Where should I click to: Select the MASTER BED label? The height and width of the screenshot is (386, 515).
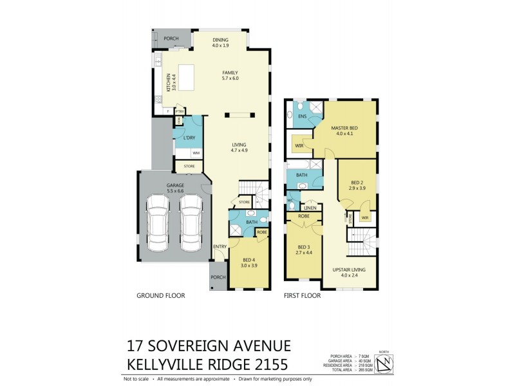(344, 127)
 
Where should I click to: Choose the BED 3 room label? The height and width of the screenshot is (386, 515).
(304, 247)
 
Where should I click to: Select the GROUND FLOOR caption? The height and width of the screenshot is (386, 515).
(161, 296)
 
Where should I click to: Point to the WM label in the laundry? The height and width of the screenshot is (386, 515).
(196, 152)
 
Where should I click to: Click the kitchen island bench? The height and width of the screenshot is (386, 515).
(186, 78)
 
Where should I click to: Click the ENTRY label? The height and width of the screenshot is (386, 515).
(220, 246)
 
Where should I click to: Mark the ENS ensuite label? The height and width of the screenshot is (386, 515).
(303, 116)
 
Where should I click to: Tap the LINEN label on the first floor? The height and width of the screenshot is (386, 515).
(310, 208)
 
